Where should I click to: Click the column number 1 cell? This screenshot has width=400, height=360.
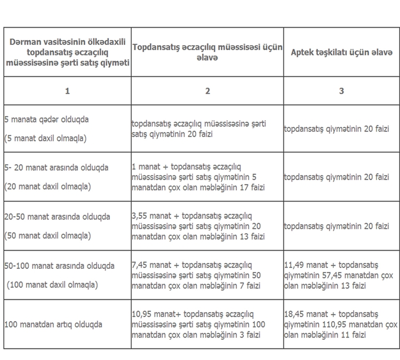point(67,91)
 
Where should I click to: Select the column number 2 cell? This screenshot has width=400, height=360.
point(208,91)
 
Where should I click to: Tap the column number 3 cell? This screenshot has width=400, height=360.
point(341,91)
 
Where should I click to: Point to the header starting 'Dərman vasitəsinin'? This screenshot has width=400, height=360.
point(67,52)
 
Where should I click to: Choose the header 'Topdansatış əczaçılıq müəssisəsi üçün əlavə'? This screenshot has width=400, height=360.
point(208,52)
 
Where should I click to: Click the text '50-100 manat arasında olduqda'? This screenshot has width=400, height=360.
point(59,265)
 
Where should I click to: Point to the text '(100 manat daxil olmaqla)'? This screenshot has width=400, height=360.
point(52,285)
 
